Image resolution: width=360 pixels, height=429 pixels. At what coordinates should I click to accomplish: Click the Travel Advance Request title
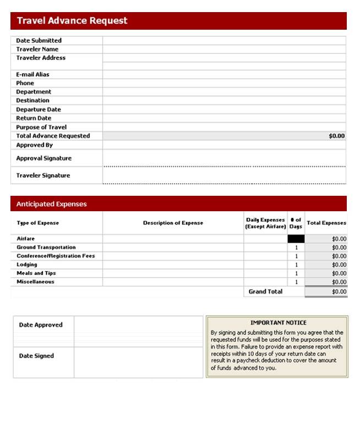[x=72, y=21]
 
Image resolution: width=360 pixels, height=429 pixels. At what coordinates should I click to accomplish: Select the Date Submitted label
[x=39, y=41]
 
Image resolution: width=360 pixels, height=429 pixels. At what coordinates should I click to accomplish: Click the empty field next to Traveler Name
[x=223, y=50]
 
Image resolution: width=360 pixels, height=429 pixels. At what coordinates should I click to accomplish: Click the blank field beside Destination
[x=223, y=101]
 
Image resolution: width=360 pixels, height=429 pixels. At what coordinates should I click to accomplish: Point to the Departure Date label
[x=38, y=109]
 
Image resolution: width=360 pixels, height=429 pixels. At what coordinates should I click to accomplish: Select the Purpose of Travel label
[x=41, y=127]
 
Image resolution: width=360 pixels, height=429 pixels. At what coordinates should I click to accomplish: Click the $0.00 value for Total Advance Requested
[x=336, y=136]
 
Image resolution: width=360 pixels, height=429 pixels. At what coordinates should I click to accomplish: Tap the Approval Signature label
[x=43, y=158]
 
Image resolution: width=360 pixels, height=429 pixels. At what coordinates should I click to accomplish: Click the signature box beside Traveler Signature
[x=223, y=175]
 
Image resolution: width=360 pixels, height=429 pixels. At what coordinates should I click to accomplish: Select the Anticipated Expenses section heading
[x=51, y=204]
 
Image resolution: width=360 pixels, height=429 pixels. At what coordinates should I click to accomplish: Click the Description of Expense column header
[x=173, y=223]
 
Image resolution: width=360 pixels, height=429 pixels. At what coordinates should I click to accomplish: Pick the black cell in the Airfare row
[x=296, y=239]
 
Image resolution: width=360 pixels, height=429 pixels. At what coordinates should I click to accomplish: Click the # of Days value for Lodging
[x=296, y=265]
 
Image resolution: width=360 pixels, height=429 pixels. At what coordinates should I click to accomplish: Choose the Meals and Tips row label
[x=36, y=273]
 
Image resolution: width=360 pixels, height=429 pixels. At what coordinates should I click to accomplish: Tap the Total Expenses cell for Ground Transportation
[x=326, y=248]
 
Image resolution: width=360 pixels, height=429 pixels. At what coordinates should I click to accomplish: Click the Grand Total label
[x=265, y=291]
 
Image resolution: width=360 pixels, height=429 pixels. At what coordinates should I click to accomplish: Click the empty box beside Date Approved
[x=138, y=325]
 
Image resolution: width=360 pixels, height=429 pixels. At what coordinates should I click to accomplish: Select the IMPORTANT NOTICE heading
[x=278, y=323]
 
